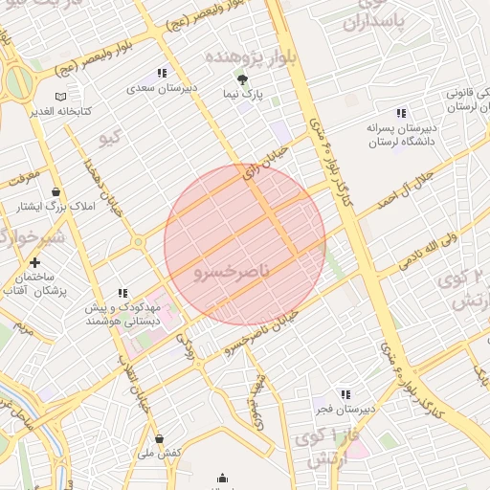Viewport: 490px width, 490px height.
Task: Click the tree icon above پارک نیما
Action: click(242, 80)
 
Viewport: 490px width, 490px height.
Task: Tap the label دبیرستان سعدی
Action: click(162, 87)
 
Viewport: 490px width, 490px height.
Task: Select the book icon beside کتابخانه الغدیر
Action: click(61, 97)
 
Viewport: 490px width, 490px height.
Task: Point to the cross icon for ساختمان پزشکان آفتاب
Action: click(35, 262)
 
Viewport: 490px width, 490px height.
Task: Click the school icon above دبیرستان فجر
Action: click(345, 394)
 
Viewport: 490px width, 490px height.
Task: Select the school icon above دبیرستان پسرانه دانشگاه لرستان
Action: click(401, 113)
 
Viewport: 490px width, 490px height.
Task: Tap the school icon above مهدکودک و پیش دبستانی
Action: click(122, 293)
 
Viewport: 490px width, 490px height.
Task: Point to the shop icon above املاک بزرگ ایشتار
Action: click(56, 190)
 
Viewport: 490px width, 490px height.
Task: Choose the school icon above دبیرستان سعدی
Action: click(162, 73)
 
